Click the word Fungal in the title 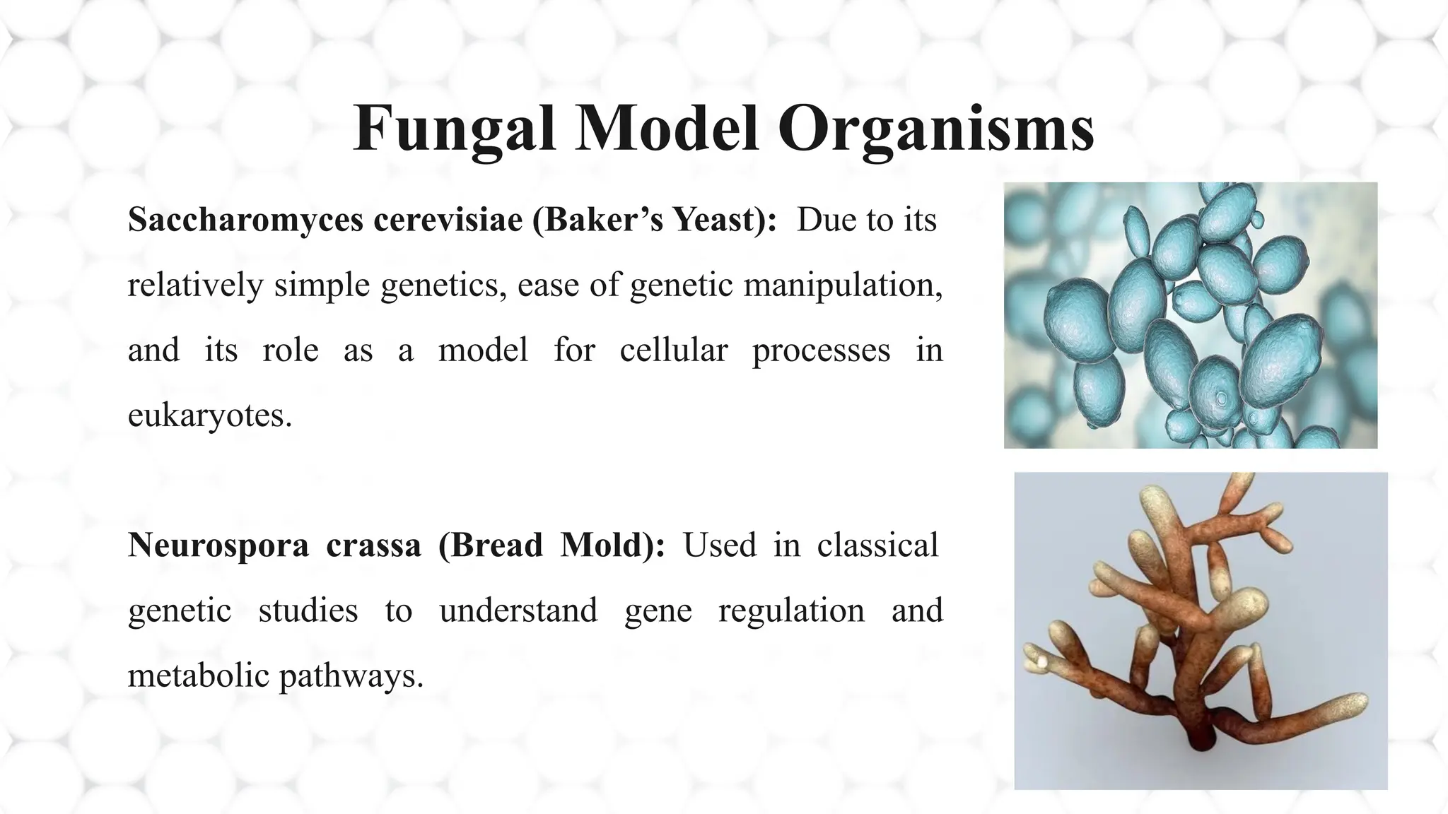(453, 129)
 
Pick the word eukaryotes (209, 415)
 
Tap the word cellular (673, 350)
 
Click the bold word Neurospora (218, 545)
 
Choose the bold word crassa (373, 545)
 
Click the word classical (877, 545)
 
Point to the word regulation (791, 610)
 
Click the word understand (518, 610)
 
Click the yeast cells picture (1190, 315)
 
